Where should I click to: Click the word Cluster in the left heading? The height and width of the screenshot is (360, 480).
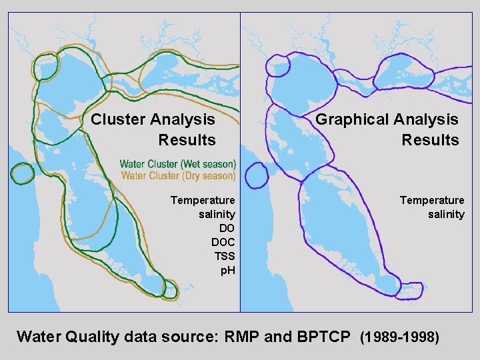tap(118, 120)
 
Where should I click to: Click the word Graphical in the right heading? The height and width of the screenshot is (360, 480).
tap(351, 120)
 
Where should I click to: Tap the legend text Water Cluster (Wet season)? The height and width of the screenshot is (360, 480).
tap(178, 164)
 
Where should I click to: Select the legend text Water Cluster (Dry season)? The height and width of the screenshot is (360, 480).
tap(178, 176)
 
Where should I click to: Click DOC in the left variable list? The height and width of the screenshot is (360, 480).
tap(223, 242)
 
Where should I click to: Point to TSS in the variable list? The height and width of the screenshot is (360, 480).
tap(225, 256)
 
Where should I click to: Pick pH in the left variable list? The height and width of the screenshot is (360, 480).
tap(227, 270)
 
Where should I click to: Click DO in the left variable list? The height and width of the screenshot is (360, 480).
tap(227, 228)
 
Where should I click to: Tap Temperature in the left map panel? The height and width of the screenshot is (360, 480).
tap(203, 200)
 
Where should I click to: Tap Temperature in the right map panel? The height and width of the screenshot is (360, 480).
tap(432, 200)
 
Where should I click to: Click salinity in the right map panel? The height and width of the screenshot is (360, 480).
tap(446, 214)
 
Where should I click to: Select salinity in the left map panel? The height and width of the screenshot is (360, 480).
tap(217, 214)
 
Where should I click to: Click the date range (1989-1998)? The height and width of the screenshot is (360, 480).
tap(399, 337)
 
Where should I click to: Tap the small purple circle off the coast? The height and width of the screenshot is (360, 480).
tap(257, 176)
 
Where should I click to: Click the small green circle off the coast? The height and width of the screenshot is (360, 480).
tap(22, 173)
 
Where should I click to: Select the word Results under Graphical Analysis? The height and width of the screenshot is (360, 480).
tap(430, 140)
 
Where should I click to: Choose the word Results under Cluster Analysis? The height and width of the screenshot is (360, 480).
tap(187, 140)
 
